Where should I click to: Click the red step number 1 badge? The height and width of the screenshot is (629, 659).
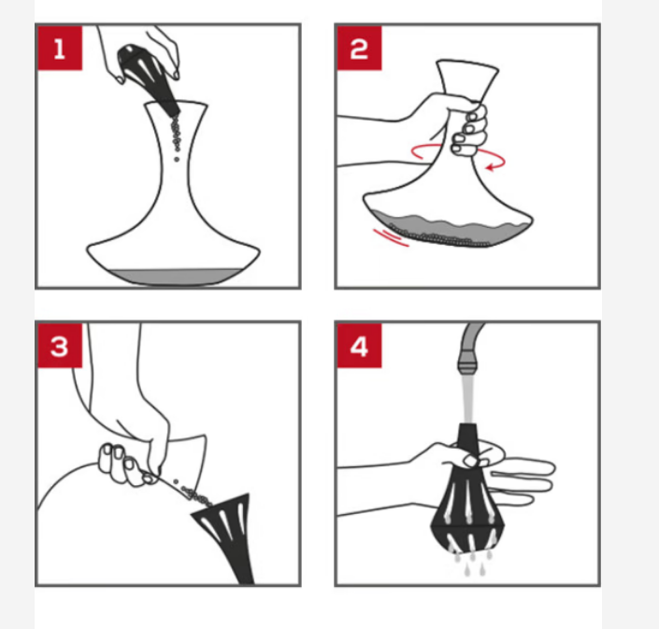pyautogui.click(x=60, y=48)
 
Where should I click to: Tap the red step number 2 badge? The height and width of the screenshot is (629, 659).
pyautogui.click(x=359, y=48)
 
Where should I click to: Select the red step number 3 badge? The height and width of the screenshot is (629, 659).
pyautogui.click(x=60, y=346)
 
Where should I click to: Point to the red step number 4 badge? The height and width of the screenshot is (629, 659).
pyautogui.click(x=359, y=346)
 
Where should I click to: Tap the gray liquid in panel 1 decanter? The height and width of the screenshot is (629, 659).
pyautogui.click(x=172, y=278)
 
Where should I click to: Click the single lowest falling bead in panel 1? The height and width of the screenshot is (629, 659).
pyautogui.click(x=177, y=159)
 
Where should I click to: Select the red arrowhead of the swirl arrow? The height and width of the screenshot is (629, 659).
pyautogui.click(x=490, y=167)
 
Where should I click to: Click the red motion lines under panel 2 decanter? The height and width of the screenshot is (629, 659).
pyautogui.click(x=391, y=237)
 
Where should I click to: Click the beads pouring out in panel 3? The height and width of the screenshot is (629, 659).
pyautogui.click(x=193, y=493)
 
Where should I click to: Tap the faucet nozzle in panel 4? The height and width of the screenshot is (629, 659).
pyautogui.click(x=467, y=364)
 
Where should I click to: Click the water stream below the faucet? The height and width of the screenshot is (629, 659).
pyautogui.click(x=467, y=399)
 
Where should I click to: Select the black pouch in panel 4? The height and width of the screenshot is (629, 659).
pyautogui.click(x=467, y=500)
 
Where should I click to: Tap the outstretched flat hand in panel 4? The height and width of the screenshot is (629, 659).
pyautogui.click(x=522, y=479)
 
